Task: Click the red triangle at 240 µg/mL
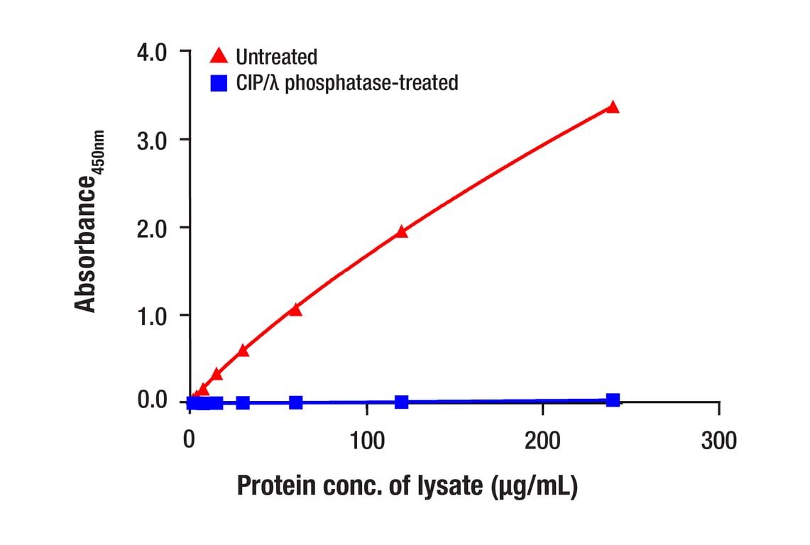(x=613, y=107)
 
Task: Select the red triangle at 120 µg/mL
(x=402, y=231)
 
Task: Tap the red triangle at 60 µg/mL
(x=296, y=309)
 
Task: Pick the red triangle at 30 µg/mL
(x=243, y=351)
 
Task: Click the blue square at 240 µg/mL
(x=613, y=400)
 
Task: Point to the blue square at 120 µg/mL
(x=402, y=402)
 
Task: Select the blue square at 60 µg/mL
(x=296, y=402)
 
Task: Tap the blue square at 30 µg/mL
(x=243, y=402)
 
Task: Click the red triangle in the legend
(x=219, y=55)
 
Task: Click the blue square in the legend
(x=219, y=83)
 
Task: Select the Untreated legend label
(x=276, y=56)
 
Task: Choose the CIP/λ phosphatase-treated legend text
(x=346, y=83)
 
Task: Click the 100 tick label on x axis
(x=366, y=441)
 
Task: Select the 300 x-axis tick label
(x=719, y=441)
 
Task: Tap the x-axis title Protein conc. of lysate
(x=407, y=487)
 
